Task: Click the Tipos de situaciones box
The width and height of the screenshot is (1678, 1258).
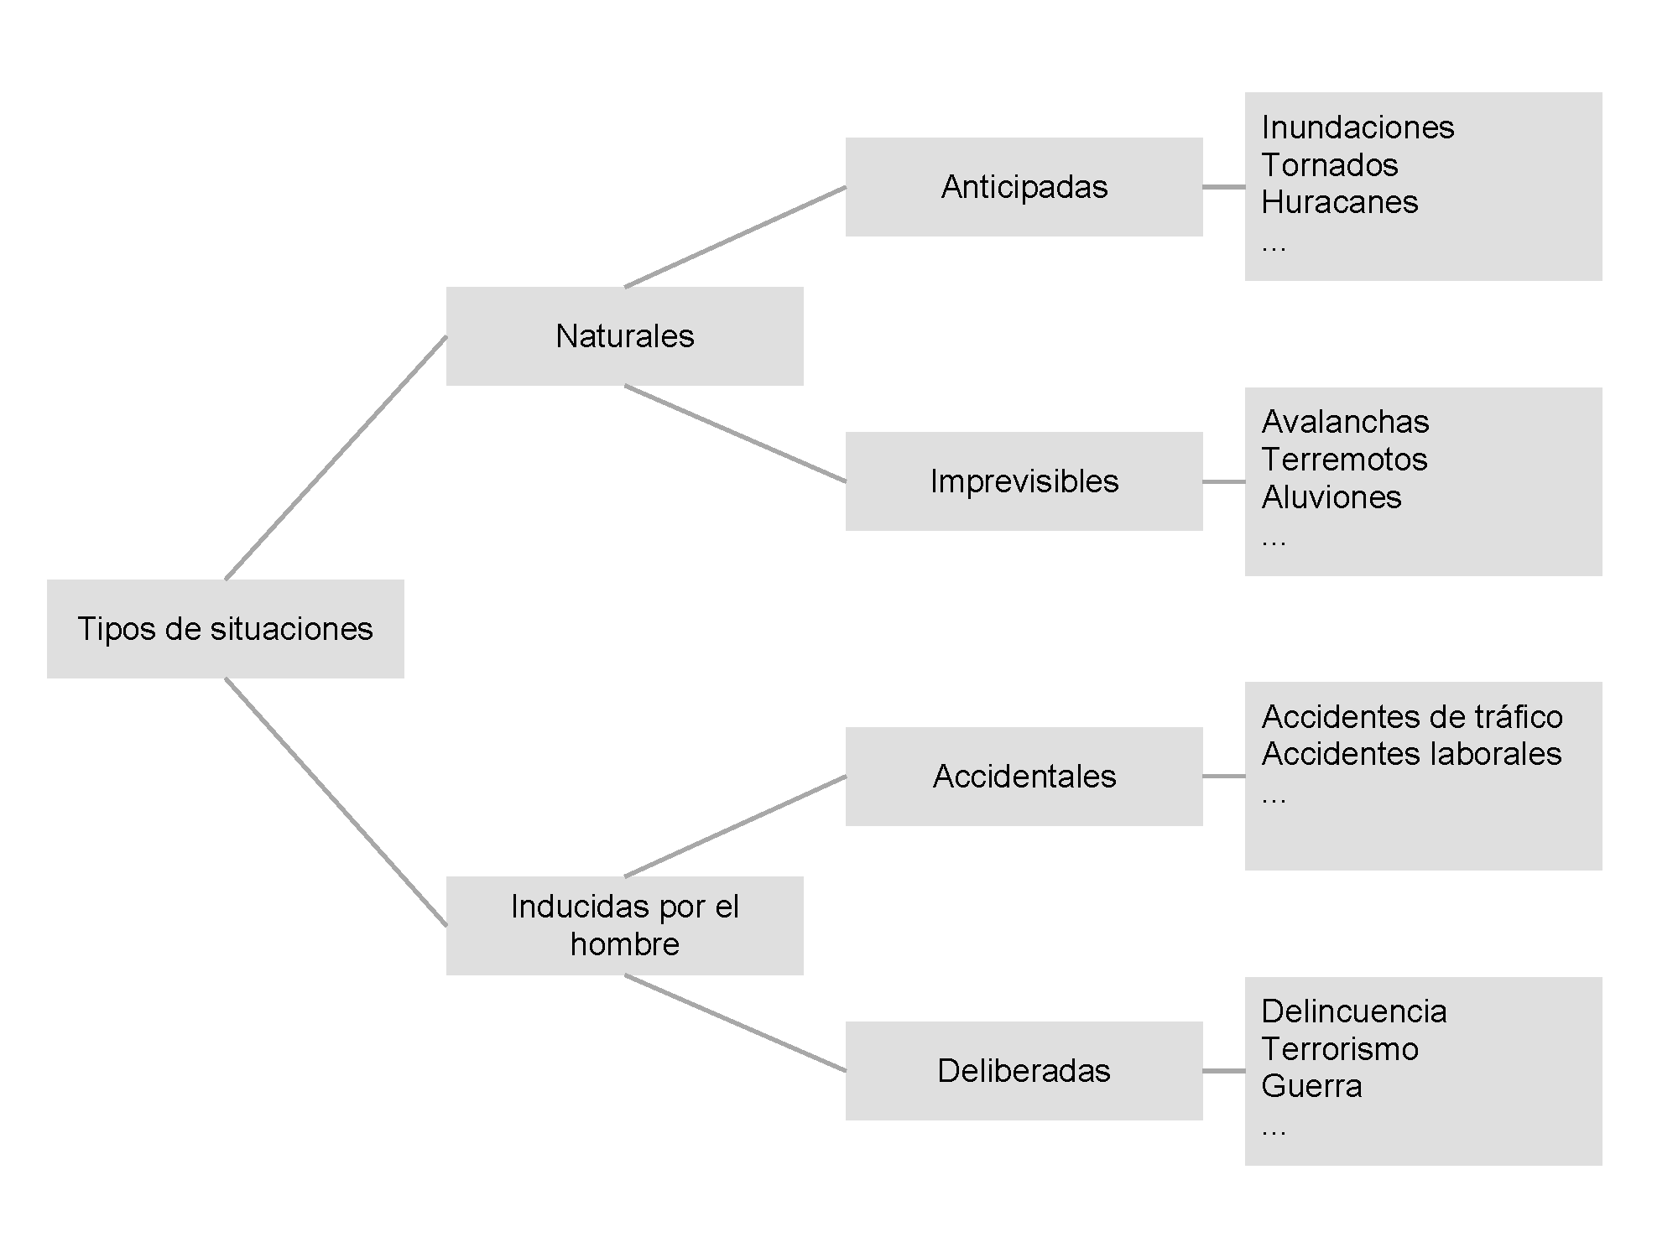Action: coord(225,628)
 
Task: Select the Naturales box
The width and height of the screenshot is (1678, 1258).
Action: coord(624,336)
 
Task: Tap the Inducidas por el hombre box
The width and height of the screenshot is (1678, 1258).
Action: coord(624,925)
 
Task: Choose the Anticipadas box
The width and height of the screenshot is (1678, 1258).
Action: coord(1024,187)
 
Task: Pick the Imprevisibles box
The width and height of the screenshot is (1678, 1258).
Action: coord(1024,481)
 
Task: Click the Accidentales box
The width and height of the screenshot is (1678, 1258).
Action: coord(1024,776)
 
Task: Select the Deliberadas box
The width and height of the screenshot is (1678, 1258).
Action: coord(1024,1070)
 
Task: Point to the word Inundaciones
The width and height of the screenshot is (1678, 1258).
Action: coord(1358,127)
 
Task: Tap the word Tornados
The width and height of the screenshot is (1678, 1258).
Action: coord(1330,165)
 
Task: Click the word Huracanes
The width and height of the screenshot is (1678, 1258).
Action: coord(1340,202)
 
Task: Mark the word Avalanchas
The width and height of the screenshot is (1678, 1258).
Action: coord(1345,422)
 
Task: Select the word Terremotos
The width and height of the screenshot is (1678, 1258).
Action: coord(1344,460)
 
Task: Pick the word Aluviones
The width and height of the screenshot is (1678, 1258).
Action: coord(1331,497)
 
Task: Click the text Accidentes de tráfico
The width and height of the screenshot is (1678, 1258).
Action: coord(1412,717)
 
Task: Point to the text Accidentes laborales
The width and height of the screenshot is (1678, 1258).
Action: coord(1411,754)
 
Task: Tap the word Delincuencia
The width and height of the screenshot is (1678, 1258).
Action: coord(1354,1011)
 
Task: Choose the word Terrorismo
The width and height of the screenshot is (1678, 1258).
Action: coord(1340,1049)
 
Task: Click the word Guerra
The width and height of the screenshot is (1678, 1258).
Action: coord(1311,1086)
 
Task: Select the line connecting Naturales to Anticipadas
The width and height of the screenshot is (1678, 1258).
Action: coord(735,237)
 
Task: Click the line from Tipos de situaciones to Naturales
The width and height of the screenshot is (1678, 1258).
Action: coord(336,458)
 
